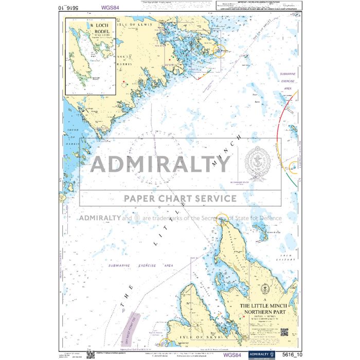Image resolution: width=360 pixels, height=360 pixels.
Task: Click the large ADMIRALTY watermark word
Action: click(160, 164)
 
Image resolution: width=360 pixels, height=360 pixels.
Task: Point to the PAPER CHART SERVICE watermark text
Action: click(178, 198)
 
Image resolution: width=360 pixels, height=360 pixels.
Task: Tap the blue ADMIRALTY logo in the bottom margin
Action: click(262, 354)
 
